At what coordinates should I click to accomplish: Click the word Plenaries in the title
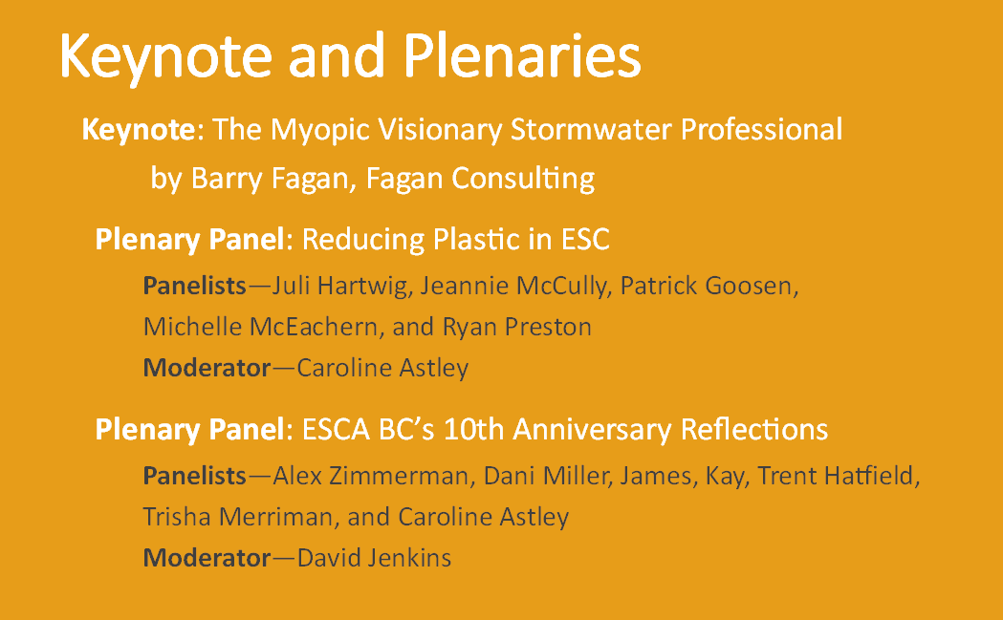[522, 55]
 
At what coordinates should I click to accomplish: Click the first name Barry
[227, 179]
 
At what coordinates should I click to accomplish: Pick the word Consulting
[523, 179]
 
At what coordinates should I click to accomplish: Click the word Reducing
[361, 241]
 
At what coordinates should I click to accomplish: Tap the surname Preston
[548, 327]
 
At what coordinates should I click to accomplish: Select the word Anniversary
[592, 430]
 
